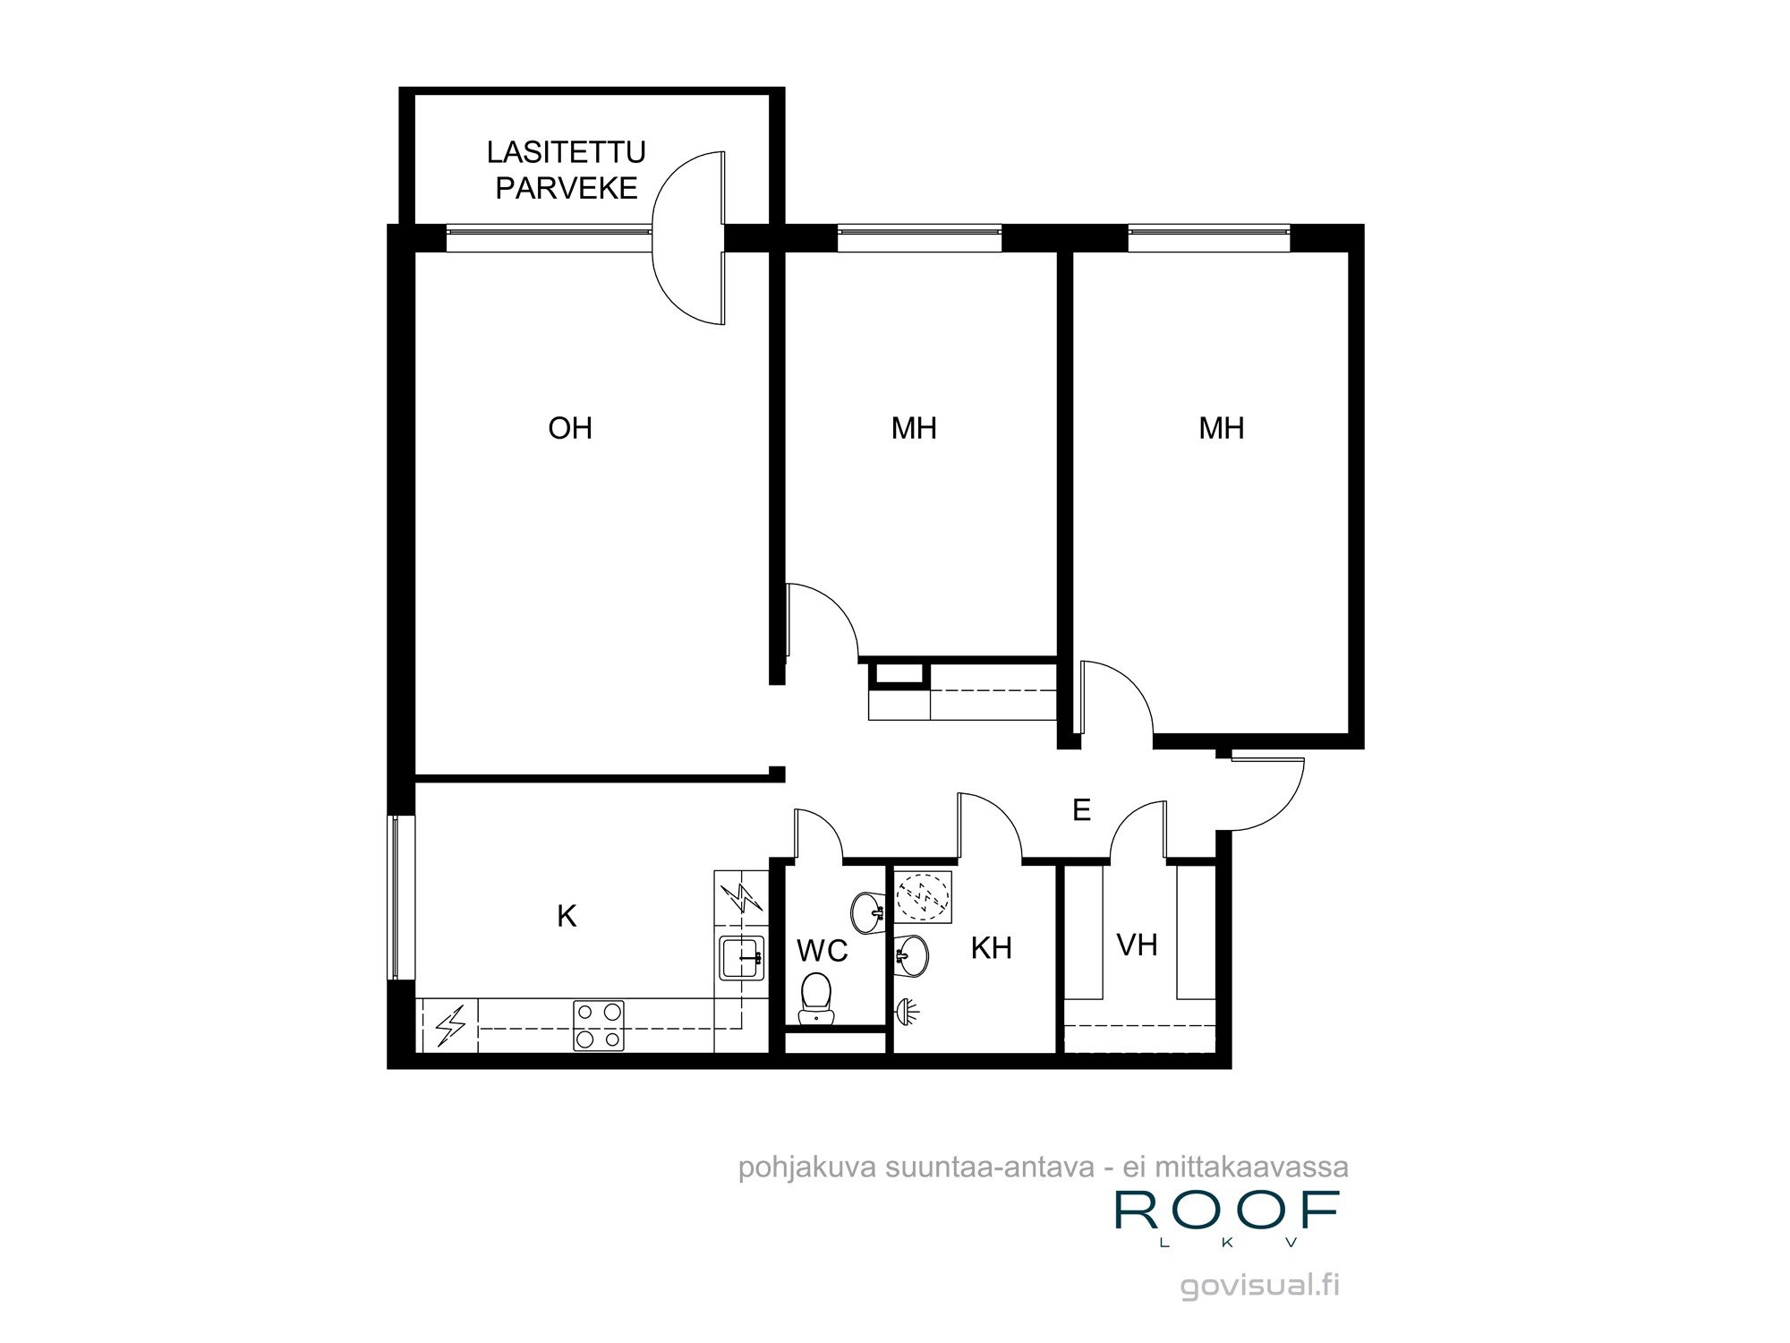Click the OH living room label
click(x=570, y=428)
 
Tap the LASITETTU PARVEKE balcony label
click(x=566, y=170)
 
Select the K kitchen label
click(x=567, y=916)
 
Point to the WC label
click(x=822, y=950)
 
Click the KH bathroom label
click(x=991, y=947)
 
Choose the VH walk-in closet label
click(x=1137, y=945)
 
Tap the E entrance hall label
click(x=1081, y=810)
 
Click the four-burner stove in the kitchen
click(x=599, y=1025)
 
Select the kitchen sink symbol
click(x=742, y=957)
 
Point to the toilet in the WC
click(x=815, y=999)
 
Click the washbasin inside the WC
click(x=866, y=912)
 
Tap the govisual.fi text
click(x=1259, y=1286)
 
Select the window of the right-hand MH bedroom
click(x=1208, y=237)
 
